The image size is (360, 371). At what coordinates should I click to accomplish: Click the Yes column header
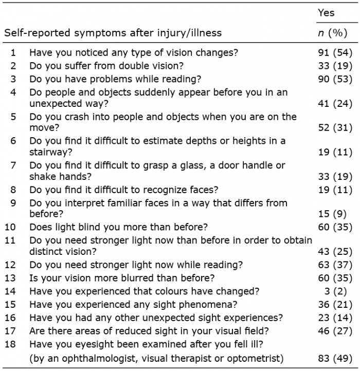click(326, 12)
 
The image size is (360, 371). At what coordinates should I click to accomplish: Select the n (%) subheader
click(333, 33)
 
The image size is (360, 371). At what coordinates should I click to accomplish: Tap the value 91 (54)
click(335, 52)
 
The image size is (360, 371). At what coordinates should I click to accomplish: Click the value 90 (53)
click(335, 79)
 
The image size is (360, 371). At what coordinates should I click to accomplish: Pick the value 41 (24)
click(335, 104)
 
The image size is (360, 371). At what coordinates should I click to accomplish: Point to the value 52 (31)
click(335, 128)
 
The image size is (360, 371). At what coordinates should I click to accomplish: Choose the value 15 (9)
click(332, 214)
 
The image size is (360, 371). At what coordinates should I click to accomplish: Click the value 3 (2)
click(335, 291)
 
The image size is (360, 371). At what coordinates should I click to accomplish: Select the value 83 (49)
click(335, 359)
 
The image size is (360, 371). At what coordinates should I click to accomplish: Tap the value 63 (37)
click(335, 265)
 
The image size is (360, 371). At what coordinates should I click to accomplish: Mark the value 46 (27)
click(335, 331)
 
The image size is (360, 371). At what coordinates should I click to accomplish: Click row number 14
click(10, 291)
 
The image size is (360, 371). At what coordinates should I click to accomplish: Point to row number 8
click(13, 190)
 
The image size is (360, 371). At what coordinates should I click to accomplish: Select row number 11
click(10, 240)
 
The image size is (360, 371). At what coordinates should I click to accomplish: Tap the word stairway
click(51, 152)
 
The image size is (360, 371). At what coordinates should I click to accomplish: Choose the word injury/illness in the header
click(189, 33)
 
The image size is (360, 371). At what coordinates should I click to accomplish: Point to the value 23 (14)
click(335, 318)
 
